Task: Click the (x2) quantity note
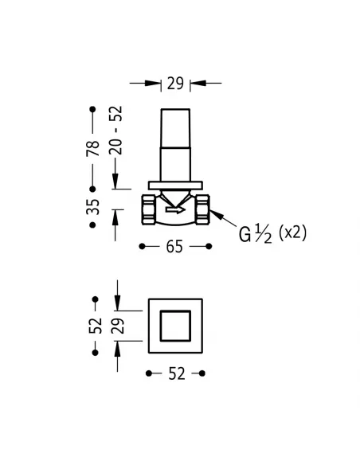(292, 232)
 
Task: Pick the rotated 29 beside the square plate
(117, 325)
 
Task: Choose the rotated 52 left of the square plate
(96, 325)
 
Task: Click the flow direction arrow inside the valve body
(174, 211)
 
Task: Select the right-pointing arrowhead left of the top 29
(156, 82)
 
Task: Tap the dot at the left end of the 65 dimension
(143, 247)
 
